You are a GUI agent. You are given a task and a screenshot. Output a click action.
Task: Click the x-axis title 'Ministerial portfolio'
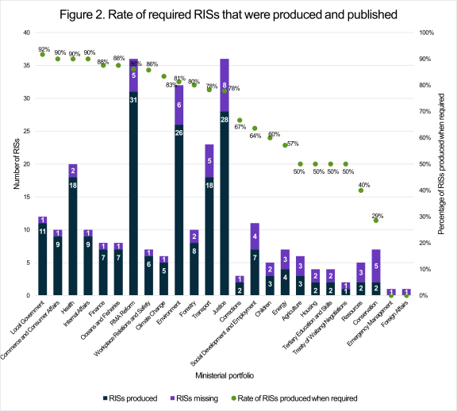228,373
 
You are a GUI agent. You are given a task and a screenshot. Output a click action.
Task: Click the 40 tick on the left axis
25,33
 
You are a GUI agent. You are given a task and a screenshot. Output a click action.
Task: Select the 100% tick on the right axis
425,33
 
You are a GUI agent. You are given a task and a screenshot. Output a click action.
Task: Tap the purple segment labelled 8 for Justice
225,85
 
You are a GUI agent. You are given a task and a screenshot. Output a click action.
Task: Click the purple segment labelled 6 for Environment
179,105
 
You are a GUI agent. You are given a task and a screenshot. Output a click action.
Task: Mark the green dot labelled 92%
42,54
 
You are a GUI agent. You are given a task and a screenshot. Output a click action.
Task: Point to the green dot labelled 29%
376,220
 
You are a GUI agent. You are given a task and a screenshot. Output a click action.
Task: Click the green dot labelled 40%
361,190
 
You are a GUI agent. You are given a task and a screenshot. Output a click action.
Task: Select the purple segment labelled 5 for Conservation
376,266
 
